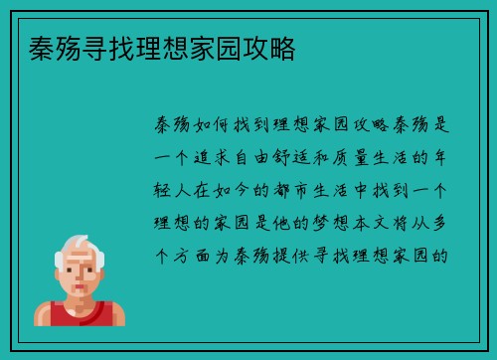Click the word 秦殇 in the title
(x=45, y=47)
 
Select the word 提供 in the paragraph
(x=306, y=252)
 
